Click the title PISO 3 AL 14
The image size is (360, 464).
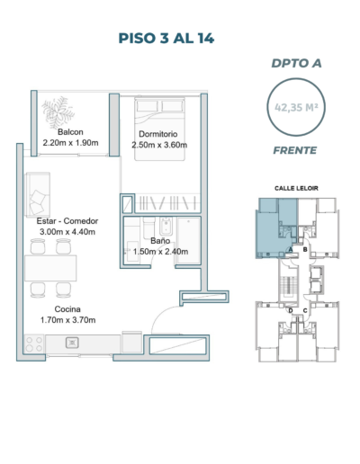(x=166, y=39)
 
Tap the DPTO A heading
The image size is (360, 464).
(x=296, y=63)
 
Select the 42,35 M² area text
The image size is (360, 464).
(x=296, y=107)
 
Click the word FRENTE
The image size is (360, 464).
(x=295, y=150)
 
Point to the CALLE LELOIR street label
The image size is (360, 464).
(x=296, y=188)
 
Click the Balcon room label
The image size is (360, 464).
(x=70, y=132)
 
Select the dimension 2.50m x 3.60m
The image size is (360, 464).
(x=159, y=145)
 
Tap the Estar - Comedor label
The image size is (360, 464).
(x=67, y=221)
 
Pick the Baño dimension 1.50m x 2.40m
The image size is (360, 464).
(x=160, y=252)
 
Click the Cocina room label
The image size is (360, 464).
(x=67, y=309)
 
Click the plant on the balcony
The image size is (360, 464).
(x=58, y=112)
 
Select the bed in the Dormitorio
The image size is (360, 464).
(x=159, y=129)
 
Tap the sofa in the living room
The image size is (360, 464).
(x=38, y=195)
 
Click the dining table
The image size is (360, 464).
(x=50, y=268)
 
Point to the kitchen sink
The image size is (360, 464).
(x=72, y=343)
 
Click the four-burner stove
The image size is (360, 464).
(x=34, y=344)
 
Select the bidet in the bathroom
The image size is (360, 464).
(x=166, y=227)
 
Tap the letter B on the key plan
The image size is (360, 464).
(x=305, y=249)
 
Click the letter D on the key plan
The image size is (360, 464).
(x=291, y=310)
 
